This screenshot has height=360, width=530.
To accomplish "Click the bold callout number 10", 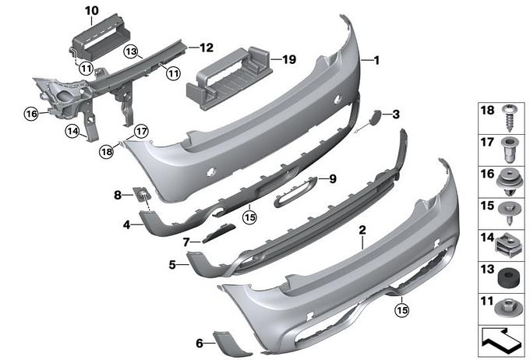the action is click(92, 11).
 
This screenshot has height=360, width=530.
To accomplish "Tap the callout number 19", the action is click(289, 59).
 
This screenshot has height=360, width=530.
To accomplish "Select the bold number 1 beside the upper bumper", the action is click(377, 61).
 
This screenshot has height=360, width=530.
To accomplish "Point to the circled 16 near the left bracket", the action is click(31, 114).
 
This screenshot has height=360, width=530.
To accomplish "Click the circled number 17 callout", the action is click(141, 131).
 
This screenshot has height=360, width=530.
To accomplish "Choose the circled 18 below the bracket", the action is click(107, 151).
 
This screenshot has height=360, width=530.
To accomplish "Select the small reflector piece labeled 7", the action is click(218, 232).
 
